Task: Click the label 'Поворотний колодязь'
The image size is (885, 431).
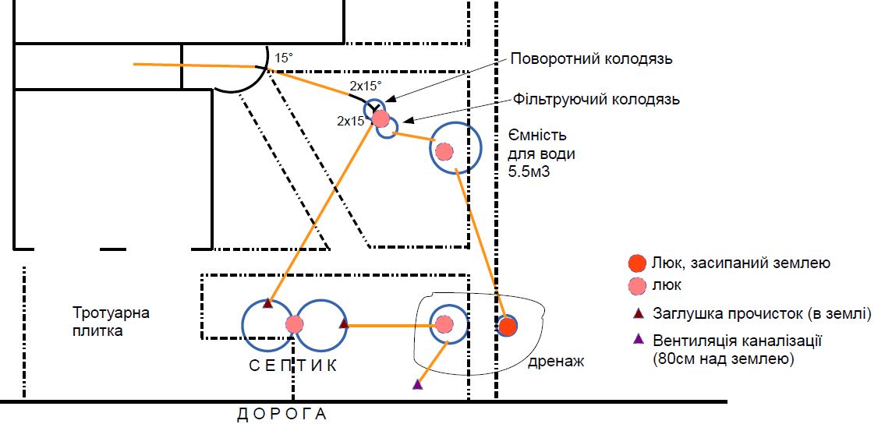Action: [x=591, y=59]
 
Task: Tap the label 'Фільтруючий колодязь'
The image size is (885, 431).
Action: [x=596, y=100]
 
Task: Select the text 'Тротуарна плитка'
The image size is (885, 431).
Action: [x=112, y=322]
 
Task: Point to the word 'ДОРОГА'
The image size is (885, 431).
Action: [x=281, y=415]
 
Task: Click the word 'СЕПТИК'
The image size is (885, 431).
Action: [x=293, y=366]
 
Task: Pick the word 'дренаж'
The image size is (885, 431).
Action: [x=556, y=362]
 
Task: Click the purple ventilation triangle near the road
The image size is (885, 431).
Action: [x=417, y=384]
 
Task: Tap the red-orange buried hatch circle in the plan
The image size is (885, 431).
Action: [x=508, y=326]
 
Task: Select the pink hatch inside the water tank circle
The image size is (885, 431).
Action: [x=444, y=150]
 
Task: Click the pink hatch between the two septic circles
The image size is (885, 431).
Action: [x=294, y=324]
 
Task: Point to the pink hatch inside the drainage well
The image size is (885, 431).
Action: [x=444, y=324]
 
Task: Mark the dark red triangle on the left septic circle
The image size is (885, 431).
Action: [x=268, y=303]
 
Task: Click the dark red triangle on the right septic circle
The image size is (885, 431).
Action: [x=344, y=323]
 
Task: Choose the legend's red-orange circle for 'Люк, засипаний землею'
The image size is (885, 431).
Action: [x=637, y=263]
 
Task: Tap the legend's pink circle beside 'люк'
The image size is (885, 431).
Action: [x=637, y=285]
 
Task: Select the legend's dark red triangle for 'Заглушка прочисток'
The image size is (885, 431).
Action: [x=638, y=312]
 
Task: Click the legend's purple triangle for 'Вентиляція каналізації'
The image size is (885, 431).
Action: [x=638, y=339]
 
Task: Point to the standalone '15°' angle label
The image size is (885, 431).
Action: [x=284, y=58]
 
